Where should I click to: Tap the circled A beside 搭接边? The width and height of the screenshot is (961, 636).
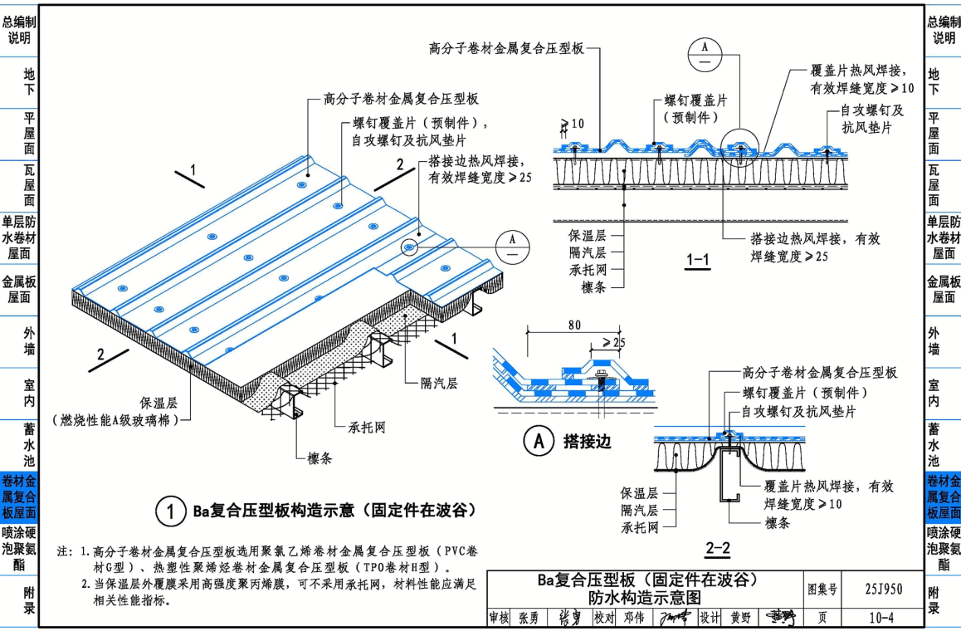(x=538, y=441)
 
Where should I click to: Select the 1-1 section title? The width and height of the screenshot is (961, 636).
(x=697, y=261)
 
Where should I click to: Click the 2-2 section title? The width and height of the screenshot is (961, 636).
(x=717, y=547)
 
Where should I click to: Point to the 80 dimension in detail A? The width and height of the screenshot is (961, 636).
(x=574, y=325)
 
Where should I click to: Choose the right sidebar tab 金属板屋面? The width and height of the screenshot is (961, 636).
(x=944, y=288)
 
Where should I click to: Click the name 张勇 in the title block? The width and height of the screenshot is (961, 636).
(x=528, y=618)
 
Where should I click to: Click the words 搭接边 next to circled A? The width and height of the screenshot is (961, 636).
(x=587, y=441)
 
